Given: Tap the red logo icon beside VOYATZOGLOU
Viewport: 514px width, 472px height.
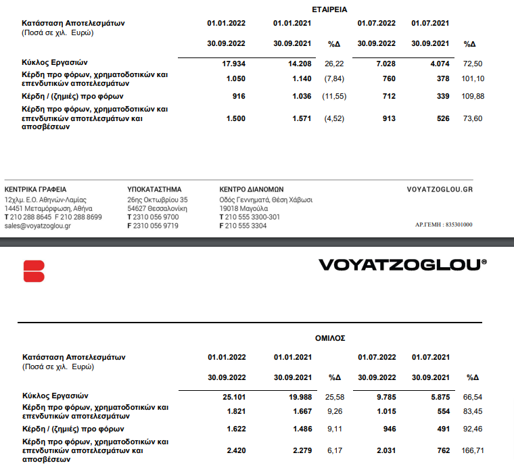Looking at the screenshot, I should coord(33,271).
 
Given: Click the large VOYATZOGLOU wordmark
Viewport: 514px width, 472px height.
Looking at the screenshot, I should coord(402,264).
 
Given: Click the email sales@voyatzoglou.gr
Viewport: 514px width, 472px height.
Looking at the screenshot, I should coord(37,226).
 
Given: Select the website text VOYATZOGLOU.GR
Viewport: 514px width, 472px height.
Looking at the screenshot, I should coord(440,189).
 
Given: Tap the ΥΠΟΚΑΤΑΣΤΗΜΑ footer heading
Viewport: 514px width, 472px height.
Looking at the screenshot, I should coord(154,189).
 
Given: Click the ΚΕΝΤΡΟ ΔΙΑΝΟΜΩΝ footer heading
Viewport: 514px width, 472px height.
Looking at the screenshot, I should coord(252,189).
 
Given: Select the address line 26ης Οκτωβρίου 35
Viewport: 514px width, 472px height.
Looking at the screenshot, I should coord(158,200).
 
